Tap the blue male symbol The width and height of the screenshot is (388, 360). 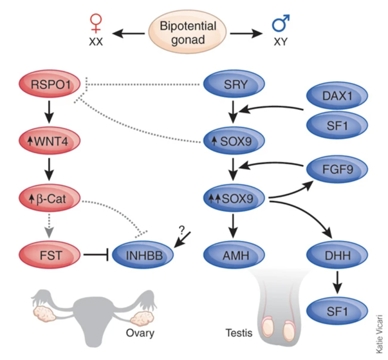(x=281, y=25)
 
